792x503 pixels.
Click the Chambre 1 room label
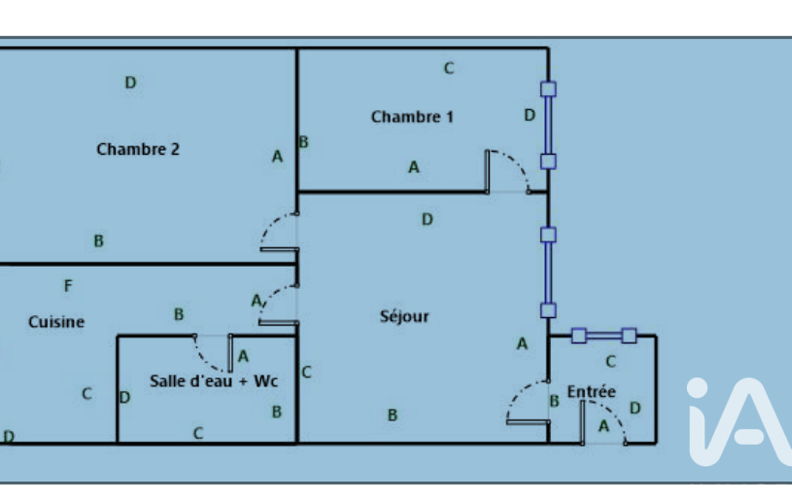tap(412, 117)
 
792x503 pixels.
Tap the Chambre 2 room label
tap(138, 149)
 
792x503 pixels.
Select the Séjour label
tap(404, 316)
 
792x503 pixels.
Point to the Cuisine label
tap(56, 322)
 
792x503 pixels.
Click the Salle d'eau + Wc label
tap(214, 382)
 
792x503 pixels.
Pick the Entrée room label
tap(591, 392)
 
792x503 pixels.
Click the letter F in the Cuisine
tap(68, 286)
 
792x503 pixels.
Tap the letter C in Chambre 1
tap(448, 68)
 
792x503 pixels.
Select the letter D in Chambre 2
tap(131, 82)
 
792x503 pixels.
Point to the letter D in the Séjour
tap(427, 220)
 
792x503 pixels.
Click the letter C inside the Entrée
tap(610, 361)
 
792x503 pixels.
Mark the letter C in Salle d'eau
tap(198, 433)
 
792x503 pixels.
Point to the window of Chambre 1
tap(548, 125)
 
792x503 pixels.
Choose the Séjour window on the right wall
tap(548, 272)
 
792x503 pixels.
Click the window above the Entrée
tap(603, 335)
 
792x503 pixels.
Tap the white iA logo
tap(738, 422)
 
